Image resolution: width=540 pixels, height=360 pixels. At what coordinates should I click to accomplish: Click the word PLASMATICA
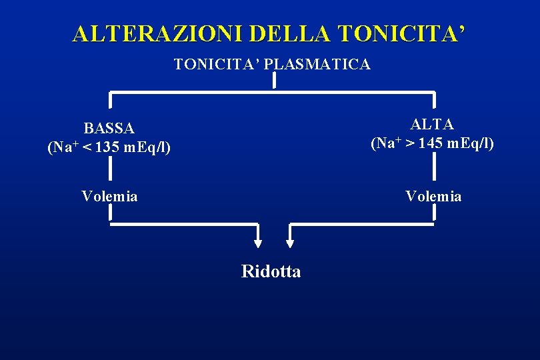(318, 65)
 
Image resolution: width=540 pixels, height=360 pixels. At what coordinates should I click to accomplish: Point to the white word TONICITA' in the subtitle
(217, 65)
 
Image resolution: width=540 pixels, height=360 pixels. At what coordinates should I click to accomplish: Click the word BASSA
(109, 127)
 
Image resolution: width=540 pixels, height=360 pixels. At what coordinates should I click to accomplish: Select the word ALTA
(432, 124)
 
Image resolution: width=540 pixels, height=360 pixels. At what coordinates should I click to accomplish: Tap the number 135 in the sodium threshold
(109, 147)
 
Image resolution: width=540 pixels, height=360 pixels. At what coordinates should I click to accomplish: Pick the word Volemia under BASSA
(109, 196)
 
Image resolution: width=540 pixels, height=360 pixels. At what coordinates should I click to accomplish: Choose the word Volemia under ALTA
(433, 196)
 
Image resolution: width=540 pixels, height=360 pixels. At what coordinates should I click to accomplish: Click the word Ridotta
(271, 272)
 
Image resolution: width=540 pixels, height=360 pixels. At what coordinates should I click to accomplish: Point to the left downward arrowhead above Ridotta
(259, 243)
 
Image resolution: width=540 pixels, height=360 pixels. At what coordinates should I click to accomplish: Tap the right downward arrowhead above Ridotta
(291, 243)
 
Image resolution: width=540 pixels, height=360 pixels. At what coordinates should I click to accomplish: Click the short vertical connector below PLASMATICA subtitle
(273, 81)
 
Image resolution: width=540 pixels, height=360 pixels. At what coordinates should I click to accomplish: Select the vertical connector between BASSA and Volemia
(109, 170)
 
